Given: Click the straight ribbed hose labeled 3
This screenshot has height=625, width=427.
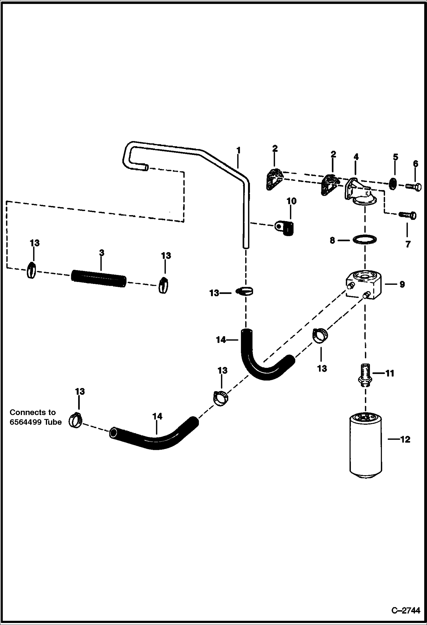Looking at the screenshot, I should (99, 278).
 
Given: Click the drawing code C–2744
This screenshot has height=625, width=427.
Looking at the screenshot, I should (406, 611).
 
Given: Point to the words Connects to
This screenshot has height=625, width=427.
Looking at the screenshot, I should (32, 412).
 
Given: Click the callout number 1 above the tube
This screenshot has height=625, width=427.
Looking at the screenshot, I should (238, 150).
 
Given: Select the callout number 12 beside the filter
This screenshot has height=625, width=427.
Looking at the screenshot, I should (405, 439).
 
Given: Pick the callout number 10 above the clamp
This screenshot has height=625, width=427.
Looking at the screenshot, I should (291, 201).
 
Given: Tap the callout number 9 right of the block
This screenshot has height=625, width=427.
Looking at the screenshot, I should (402, 284).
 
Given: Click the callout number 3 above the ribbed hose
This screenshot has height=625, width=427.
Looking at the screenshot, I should (102, 253).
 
